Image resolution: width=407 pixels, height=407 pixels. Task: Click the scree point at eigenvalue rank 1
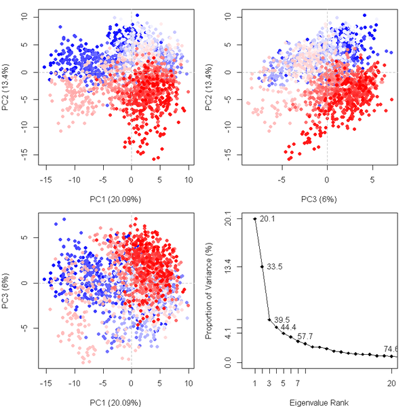coord(255,218)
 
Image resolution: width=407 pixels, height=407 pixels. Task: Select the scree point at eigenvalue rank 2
coord(262,267)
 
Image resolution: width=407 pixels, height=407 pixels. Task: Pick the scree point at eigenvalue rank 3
coord(269,319)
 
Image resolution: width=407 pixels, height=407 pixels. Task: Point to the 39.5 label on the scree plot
coord(282,319)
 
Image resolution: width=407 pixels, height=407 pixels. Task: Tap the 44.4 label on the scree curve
coord(289,328)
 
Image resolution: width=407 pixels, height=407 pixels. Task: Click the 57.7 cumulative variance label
coord(305,336)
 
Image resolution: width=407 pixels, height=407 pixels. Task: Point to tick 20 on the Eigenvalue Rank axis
coord(392,383)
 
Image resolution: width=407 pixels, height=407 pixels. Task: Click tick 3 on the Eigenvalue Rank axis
coord(269,383)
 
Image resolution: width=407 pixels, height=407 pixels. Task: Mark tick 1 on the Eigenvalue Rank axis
coord(255,383)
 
